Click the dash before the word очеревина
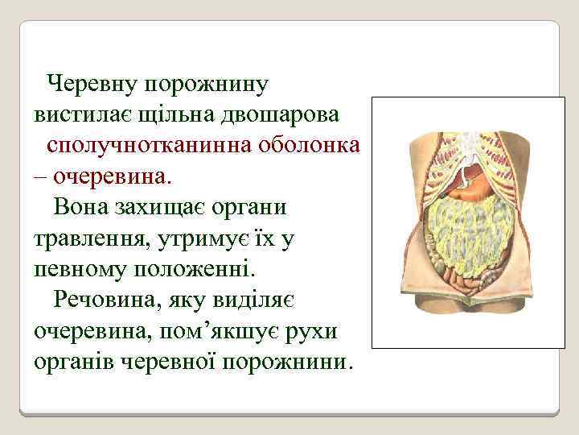[x=40, y=176]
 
